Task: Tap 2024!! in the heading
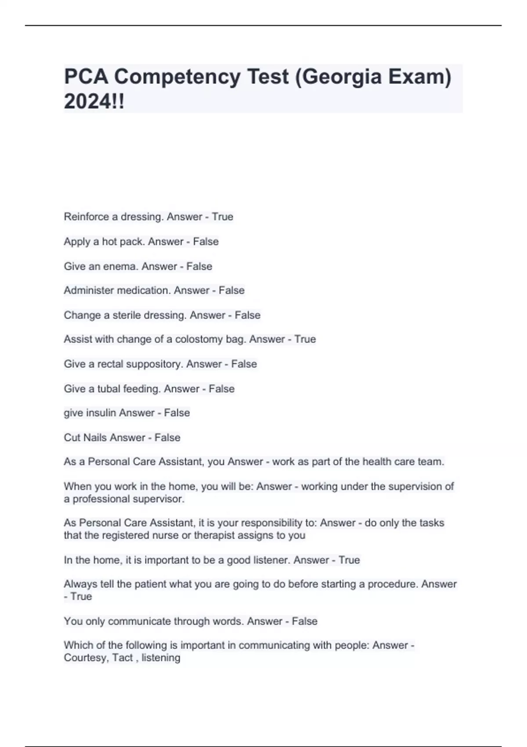[94, 102]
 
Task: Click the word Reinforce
[86, 217]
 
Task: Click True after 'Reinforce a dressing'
[223, 217]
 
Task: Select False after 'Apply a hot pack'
[206, 241]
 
